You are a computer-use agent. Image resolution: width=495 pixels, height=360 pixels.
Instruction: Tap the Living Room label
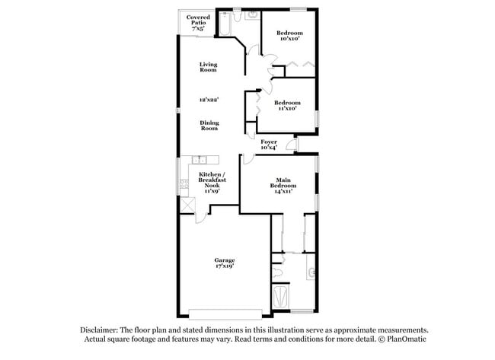tap(209, 67)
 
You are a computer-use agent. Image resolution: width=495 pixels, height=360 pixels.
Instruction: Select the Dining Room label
tap(209, 125)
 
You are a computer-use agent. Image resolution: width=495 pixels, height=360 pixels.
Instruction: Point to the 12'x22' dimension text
tap(209, 100)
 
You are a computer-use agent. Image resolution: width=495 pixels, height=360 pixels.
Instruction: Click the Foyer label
tap(269, 142)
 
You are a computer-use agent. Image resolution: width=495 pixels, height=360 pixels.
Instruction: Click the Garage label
tap(223, 260)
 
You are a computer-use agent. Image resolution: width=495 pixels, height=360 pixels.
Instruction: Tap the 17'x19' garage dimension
tap(223, 266)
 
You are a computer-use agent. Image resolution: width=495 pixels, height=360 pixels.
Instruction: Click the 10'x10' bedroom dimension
tap(289, 40)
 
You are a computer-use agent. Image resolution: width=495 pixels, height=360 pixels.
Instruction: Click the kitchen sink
tap(199, 160)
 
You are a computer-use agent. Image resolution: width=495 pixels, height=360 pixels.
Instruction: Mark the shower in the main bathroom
tap(280, 298)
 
